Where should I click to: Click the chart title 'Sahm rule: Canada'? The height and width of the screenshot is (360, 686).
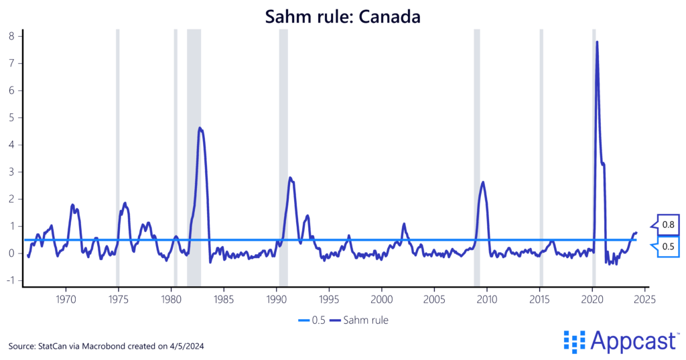pyautogui.click(x=342, y=17)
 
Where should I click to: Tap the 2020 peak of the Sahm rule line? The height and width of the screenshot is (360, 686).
pyautogui.click(x=597, y=42)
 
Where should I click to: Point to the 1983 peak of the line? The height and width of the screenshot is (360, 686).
pyautogui.click(x=200, y=128)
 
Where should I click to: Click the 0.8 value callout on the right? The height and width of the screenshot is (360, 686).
pyautogui.click(x=667, y=225)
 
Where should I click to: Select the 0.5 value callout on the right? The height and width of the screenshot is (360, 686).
pyautogui.click(x=667, y=246)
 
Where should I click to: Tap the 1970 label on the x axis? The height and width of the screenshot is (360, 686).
pyautogui.click(x=66, y=297)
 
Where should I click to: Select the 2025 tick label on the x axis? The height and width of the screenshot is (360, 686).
pyautogui.click(x=645, y=297)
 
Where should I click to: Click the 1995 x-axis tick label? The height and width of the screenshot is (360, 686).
pyautogui.click(x=329, y=297)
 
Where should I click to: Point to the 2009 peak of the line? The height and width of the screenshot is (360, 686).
pyautogui.click(x=483, y=182)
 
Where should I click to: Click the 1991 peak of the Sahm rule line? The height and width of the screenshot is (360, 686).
pyautogui.click(x=290, y=178)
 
